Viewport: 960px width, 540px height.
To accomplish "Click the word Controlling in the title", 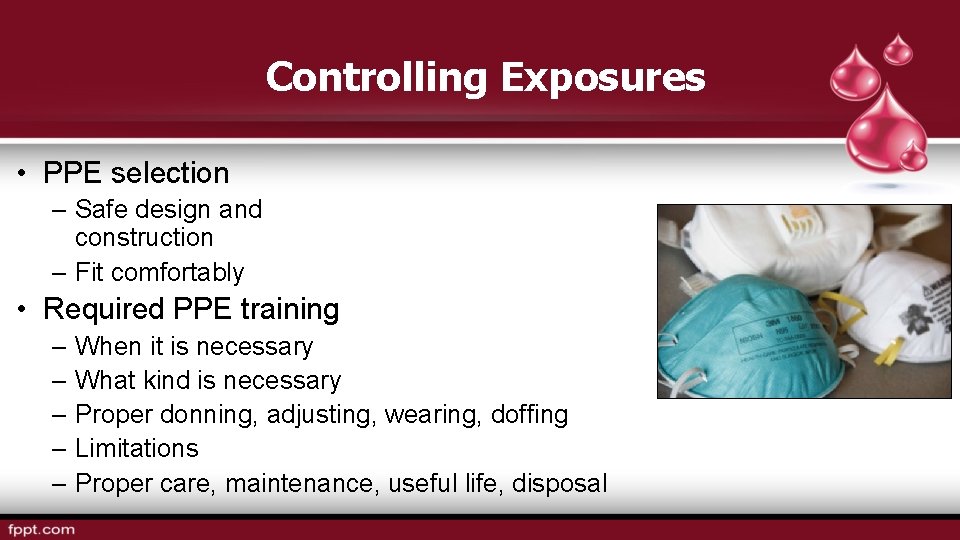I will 377,77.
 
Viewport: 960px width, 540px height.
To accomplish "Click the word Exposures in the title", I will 603,77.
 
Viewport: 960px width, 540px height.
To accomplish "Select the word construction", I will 144,238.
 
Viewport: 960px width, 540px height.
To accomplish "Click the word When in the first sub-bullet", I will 107,347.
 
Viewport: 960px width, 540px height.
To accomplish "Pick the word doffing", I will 529,415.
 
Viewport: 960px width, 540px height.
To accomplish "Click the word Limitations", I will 137,449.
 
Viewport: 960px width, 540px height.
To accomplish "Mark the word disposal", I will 559,483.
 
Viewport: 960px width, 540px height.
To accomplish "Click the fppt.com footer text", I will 41,529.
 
